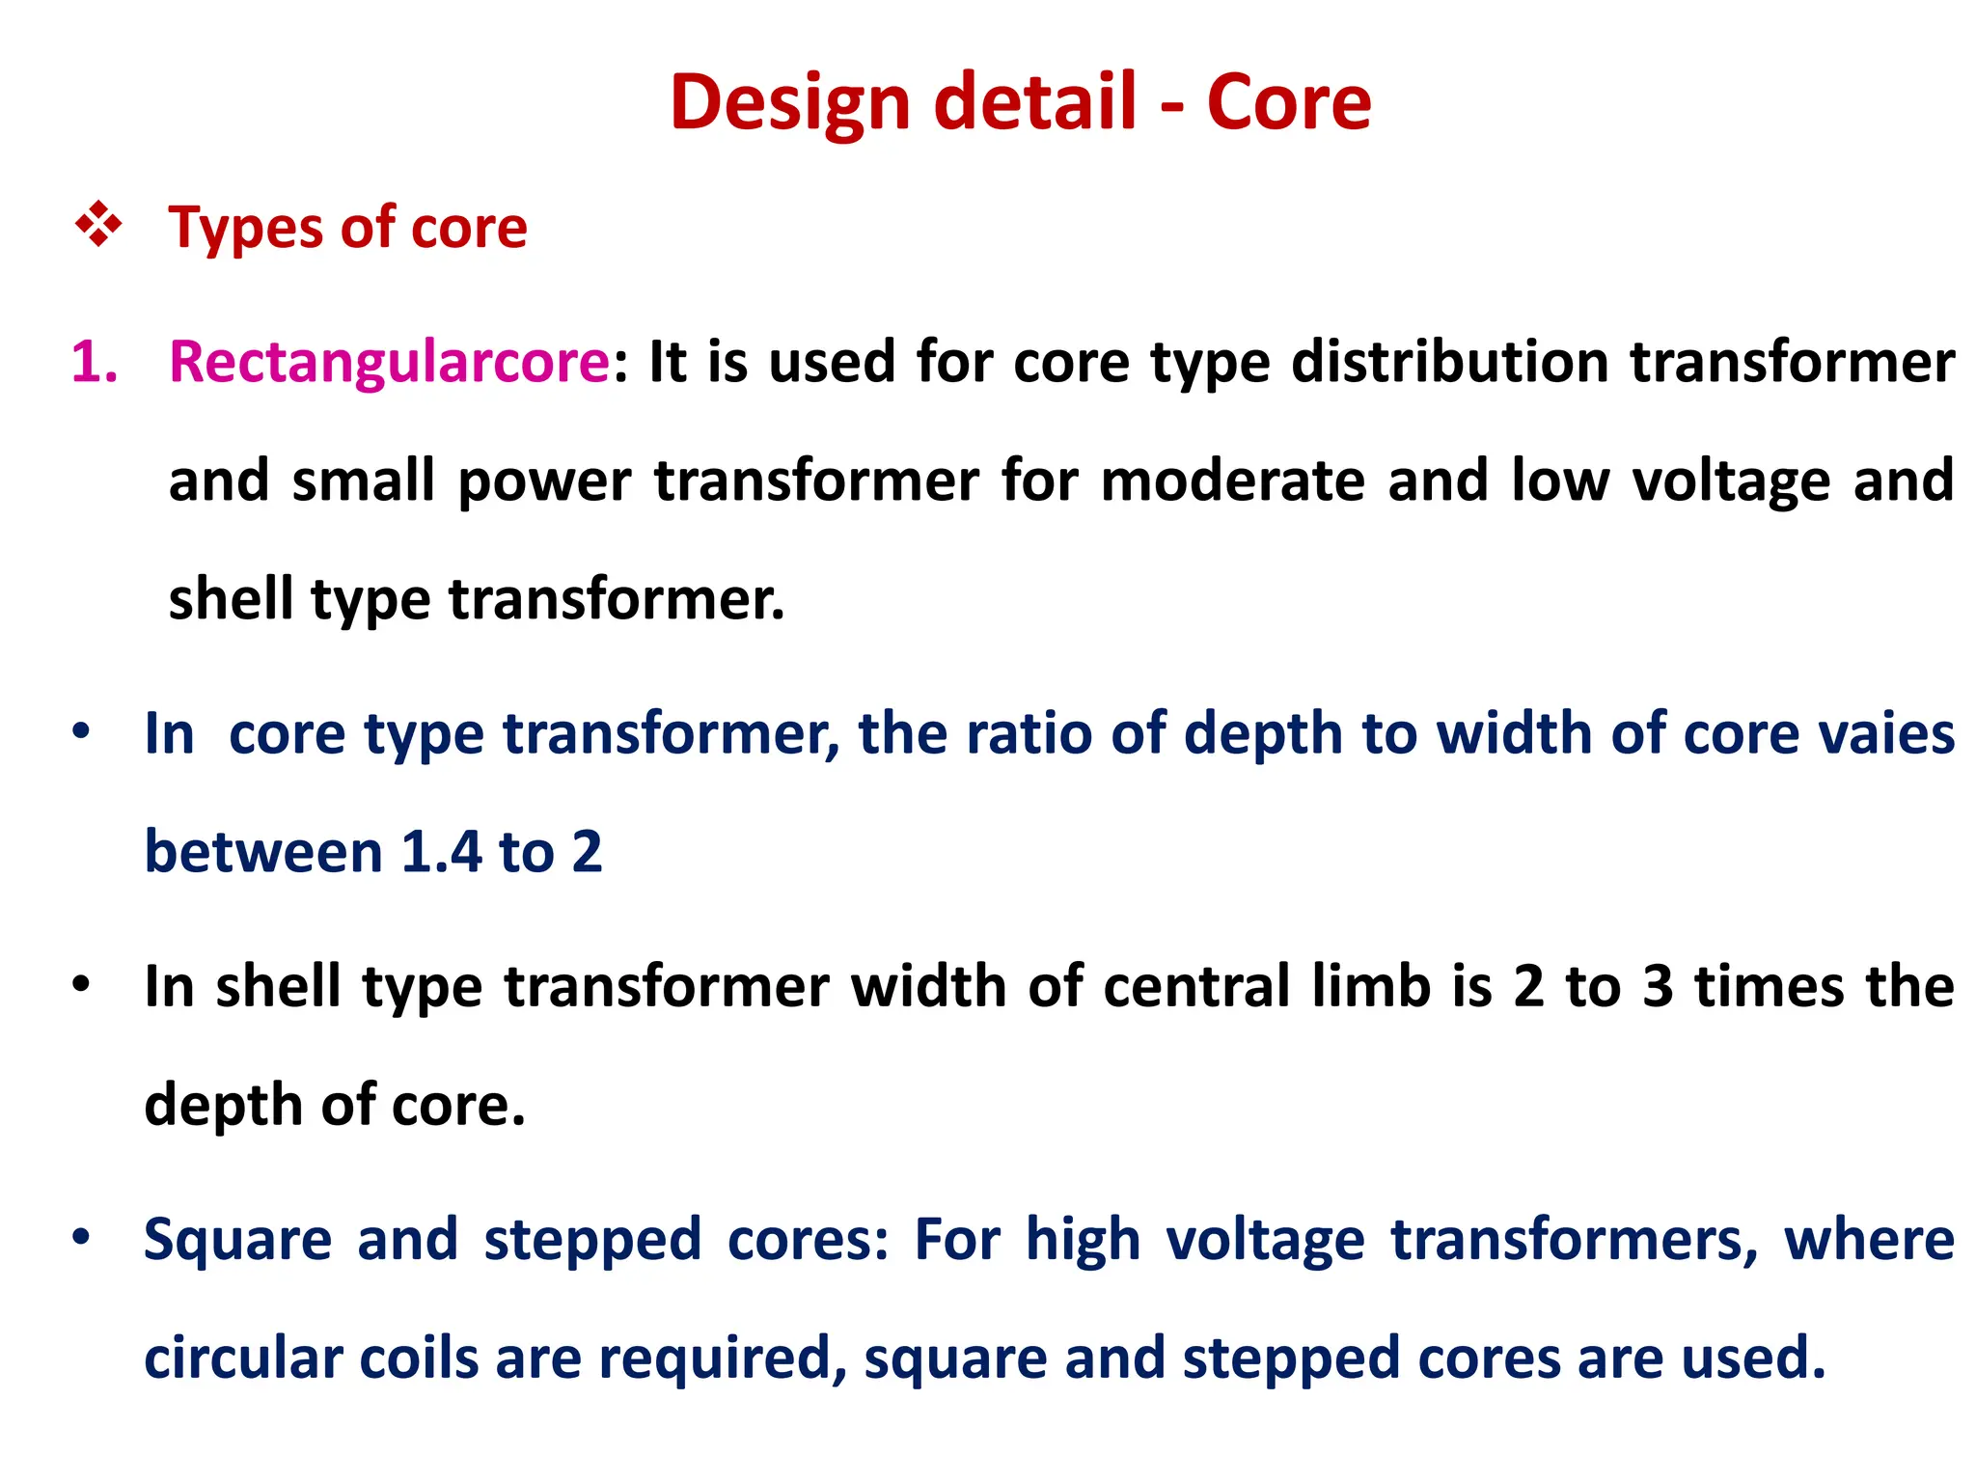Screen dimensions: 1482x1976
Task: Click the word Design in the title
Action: pos(789,103)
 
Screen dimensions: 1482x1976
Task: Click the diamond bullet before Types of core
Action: pos(98,226)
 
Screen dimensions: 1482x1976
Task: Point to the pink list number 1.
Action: pos(94,362)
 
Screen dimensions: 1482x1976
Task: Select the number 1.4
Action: pos(441,852)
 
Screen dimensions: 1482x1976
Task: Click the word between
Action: pos(263,852)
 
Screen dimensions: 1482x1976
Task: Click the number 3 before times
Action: pos(1658,987)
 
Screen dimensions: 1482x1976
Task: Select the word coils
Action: pos(419,1358)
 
